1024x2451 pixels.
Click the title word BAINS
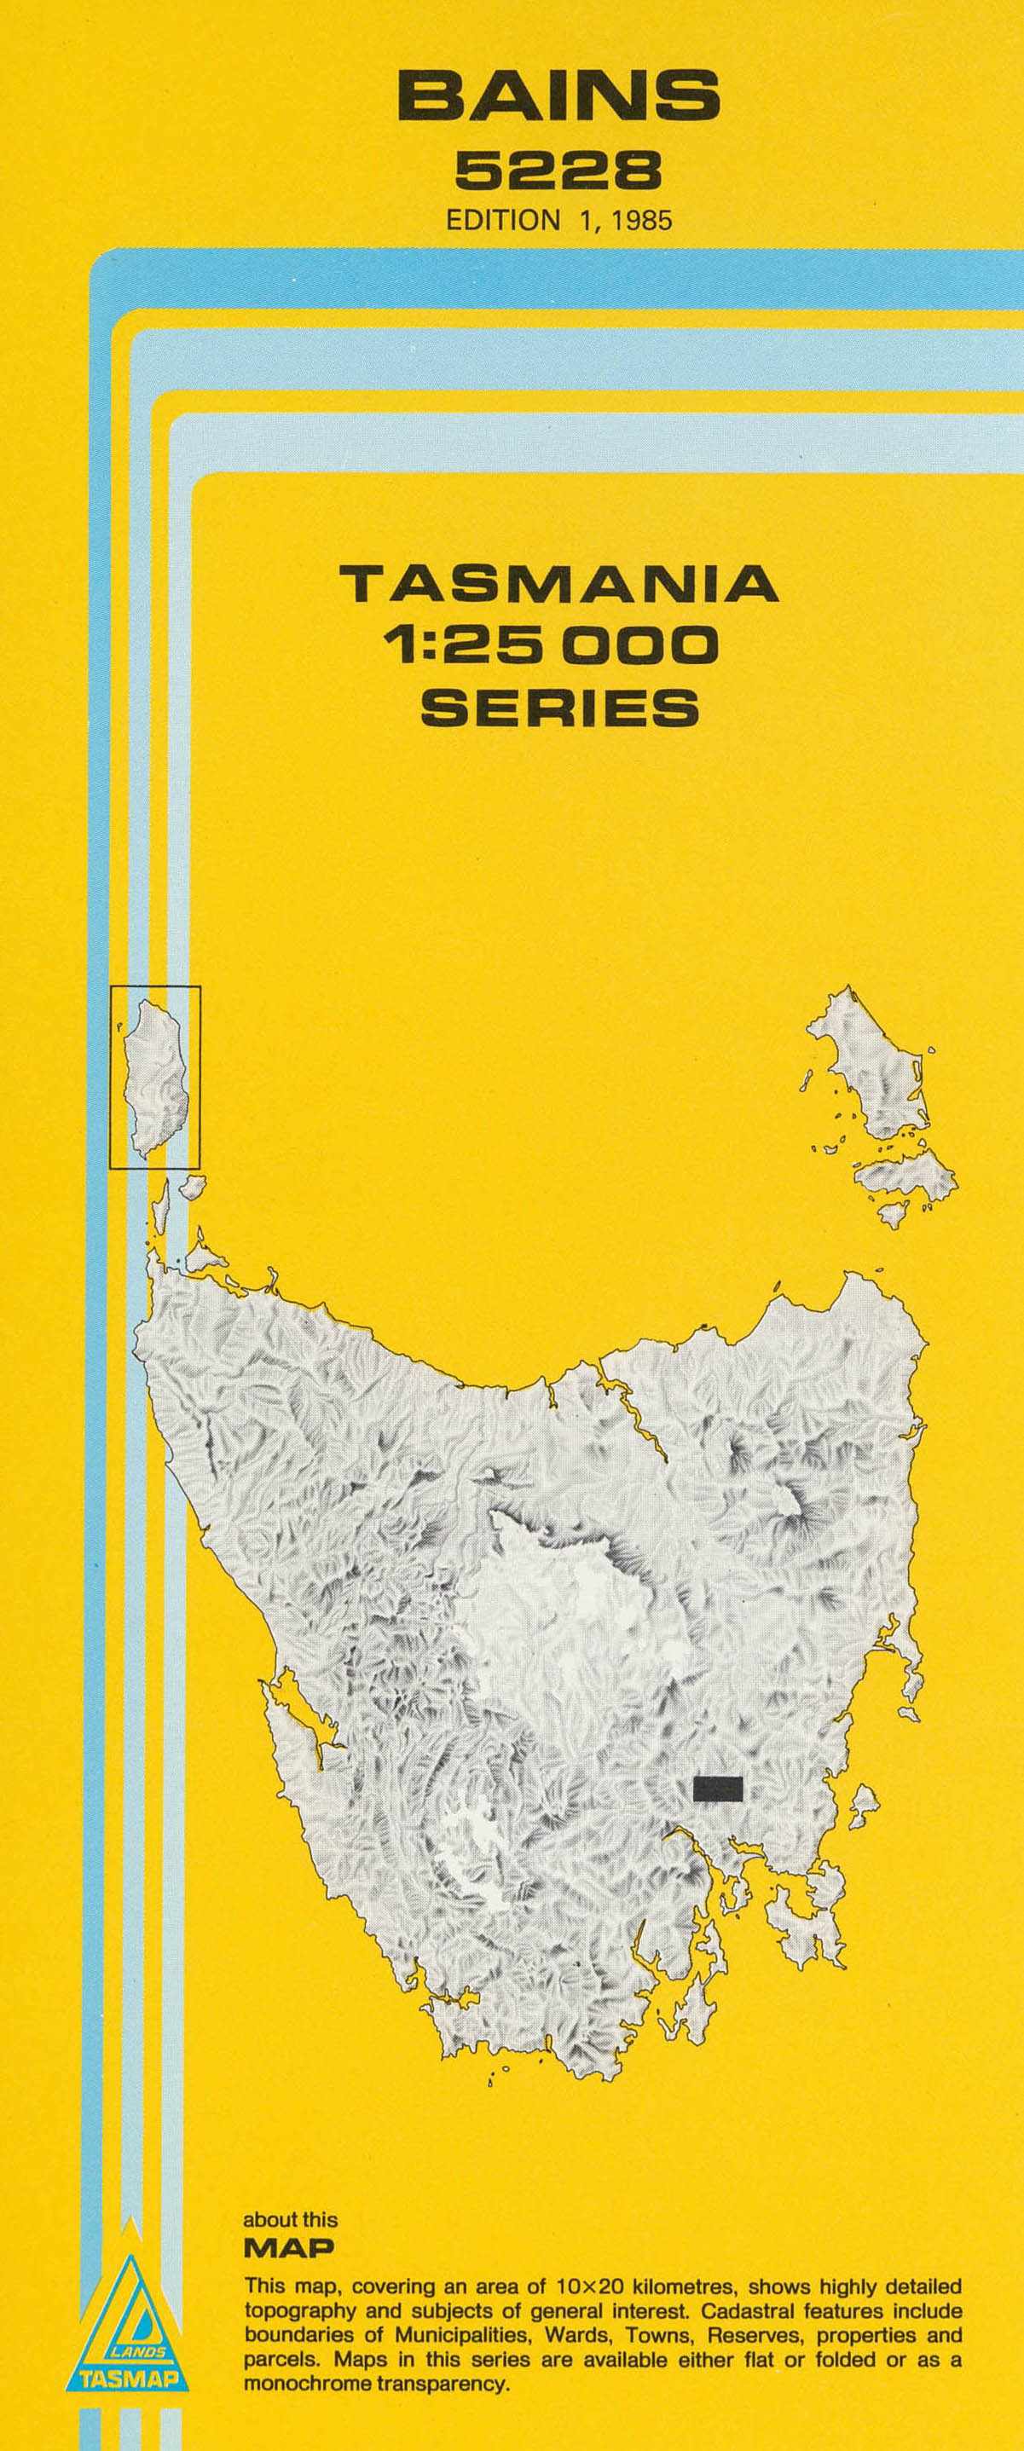[558, 97]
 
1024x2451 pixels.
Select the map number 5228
[558, 172]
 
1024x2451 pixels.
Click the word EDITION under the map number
[503, 221]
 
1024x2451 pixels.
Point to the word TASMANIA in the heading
[558, 584]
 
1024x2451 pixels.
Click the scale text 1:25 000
[550, 645]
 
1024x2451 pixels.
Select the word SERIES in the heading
[559, 707]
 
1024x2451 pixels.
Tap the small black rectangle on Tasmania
[718, 1789]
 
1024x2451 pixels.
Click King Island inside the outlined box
[154, 1076]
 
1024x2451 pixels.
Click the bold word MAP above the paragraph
[289, 2248]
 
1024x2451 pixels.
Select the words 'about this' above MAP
[290, 2220]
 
